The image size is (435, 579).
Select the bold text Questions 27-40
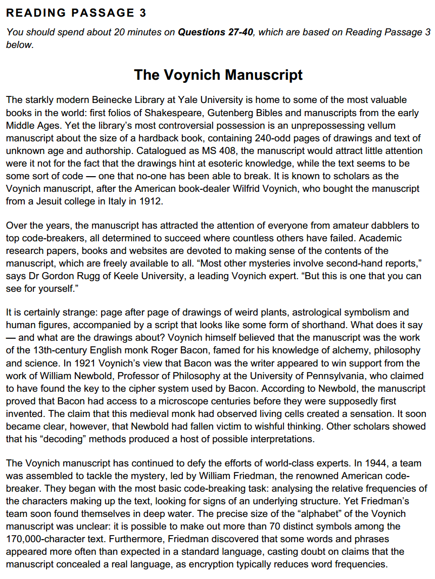click(216, 32)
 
